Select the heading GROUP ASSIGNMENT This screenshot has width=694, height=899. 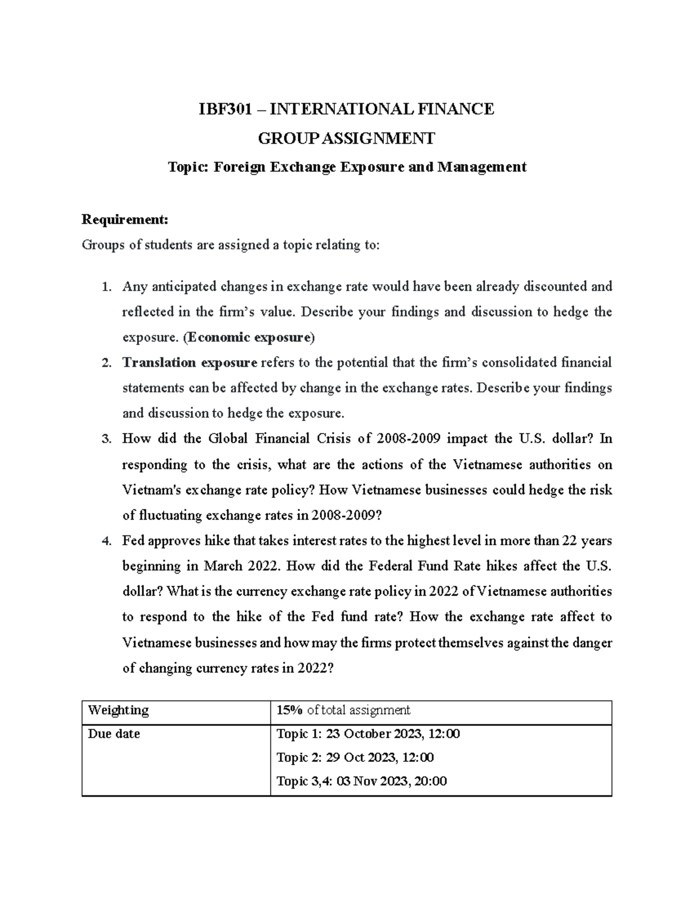(x=346, y=138)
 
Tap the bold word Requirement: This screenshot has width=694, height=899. (x=125, y=219)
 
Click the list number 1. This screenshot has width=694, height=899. (x=105, y=287)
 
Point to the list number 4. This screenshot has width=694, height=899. (x=105, y=541)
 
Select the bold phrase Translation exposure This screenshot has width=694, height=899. (x=190, y=363)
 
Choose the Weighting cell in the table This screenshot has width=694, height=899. (x=118, y=710)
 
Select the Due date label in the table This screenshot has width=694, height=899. (x=114, y=734)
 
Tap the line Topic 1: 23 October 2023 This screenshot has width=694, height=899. (x=368, y=734)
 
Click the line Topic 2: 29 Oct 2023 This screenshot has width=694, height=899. (x=355, y=758)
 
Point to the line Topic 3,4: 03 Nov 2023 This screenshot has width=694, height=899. (x=361, y=781)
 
